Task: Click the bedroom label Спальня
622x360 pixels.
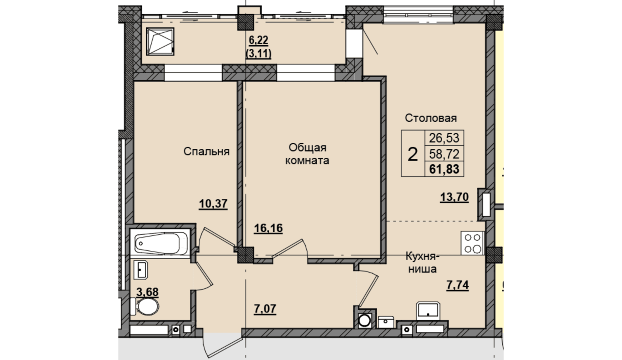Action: point(206,152)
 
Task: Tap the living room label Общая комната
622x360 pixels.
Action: point(307,154)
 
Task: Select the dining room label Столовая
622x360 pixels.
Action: point(431,118)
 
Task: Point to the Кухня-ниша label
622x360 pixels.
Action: point(422,262)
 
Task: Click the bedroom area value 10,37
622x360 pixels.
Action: point(213,204)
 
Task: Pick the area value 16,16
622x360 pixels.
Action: point(268,228)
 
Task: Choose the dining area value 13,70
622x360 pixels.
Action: point(454,197)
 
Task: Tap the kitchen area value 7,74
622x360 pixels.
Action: point(458,285)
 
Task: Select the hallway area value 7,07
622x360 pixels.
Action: point(265,309)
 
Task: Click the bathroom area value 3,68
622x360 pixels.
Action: point(148,292)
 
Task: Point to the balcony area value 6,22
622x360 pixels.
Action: point(258,41)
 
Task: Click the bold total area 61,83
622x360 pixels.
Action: point(444,169)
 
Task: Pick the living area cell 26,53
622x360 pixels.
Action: point(444,138)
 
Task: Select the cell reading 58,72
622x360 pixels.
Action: point(444,154)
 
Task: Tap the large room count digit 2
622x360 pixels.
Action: point(413,154)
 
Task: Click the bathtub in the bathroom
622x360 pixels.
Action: point(160,243)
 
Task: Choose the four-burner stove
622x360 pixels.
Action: point(472,243)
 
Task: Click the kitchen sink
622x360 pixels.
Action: point(428,310)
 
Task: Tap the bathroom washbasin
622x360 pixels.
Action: point(141,269)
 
